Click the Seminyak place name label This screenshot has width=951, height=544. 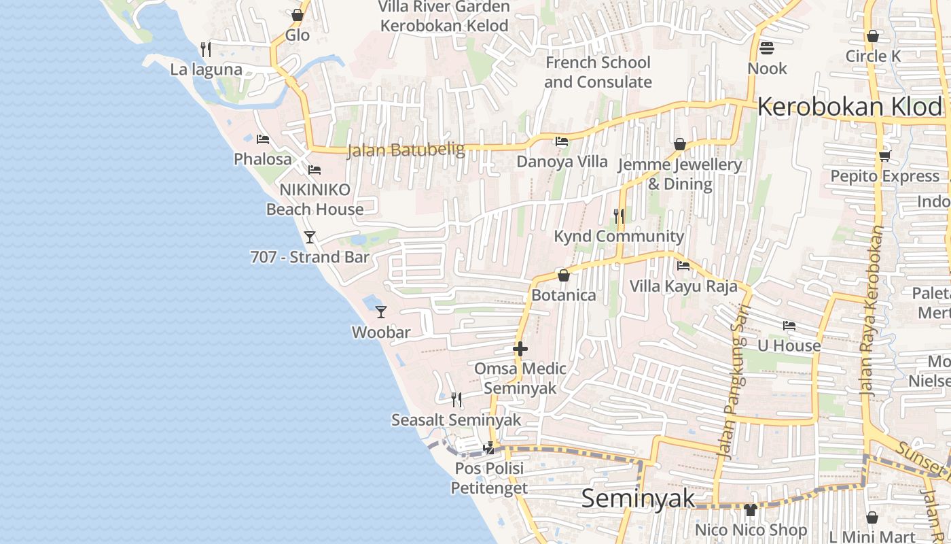click(639, 498)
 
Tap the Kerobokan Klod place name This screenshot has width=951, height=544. click(850, 107)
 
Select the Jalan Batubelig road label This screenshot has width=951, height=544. click(406, 150)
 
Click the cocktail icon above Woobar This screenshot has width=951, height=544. click(381, 311)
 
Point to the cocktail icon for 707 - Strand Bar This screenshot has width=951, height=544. click(310, 237)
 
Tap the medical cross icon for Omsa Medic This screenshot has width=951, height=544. click(520, 349)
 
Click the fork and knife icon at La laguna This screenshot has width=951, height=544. click(206, 49)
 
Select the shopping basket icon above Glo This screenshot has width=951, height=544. click(298, 15)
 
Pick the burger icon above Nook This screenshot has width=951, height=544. click(767, 48)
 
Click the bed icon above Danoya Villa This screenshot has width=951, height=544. click(562, 141)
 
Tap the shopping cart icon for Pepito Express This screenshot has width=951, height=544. click(884, 156)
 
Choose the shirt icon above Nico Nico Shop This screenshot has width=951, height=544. click(750, 509)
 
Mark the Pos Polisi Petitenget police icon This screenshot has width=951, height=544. click(488, 447)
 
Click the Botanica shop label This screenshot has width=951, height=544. click(564, 295)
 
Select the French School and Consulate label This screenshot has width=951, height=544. click(598, 72)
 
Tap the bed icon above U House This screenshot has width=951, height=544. click(789, 326)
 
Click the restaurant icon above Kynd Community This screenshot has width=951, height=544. click(619, 216)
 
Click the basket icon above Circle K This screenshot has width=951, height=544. click(873, 37)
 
